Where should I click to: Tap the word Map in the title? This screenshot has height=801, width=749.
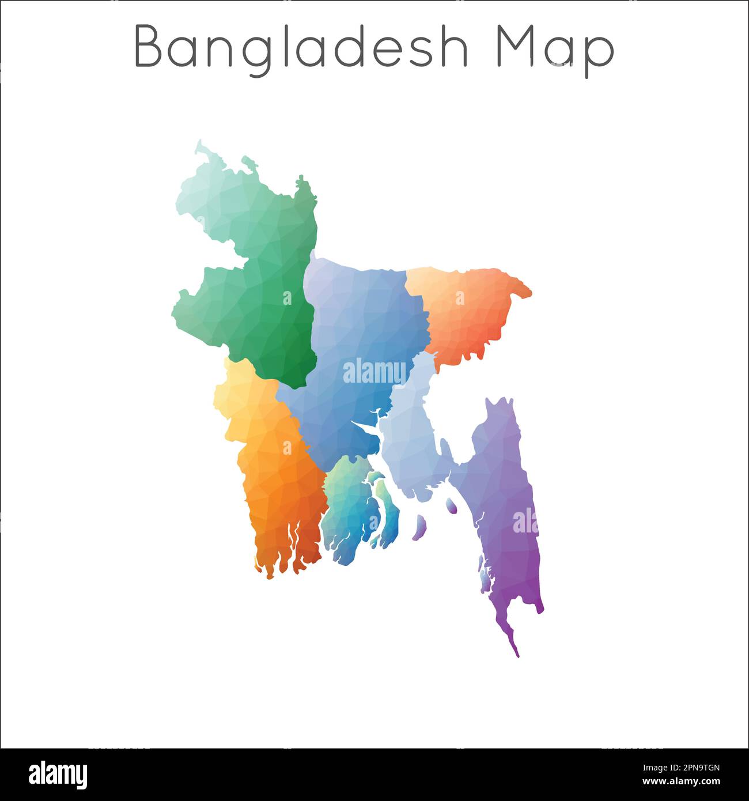555,50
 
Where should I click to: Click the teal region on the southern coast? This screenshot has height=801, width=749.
351,507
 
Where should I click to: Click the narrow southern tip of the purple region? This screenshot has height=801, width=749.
515,648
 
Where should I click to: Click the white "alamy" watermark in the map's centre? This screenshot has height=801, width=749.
374,372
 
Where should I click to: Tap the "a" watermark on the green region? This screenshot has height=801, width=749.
287,297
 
